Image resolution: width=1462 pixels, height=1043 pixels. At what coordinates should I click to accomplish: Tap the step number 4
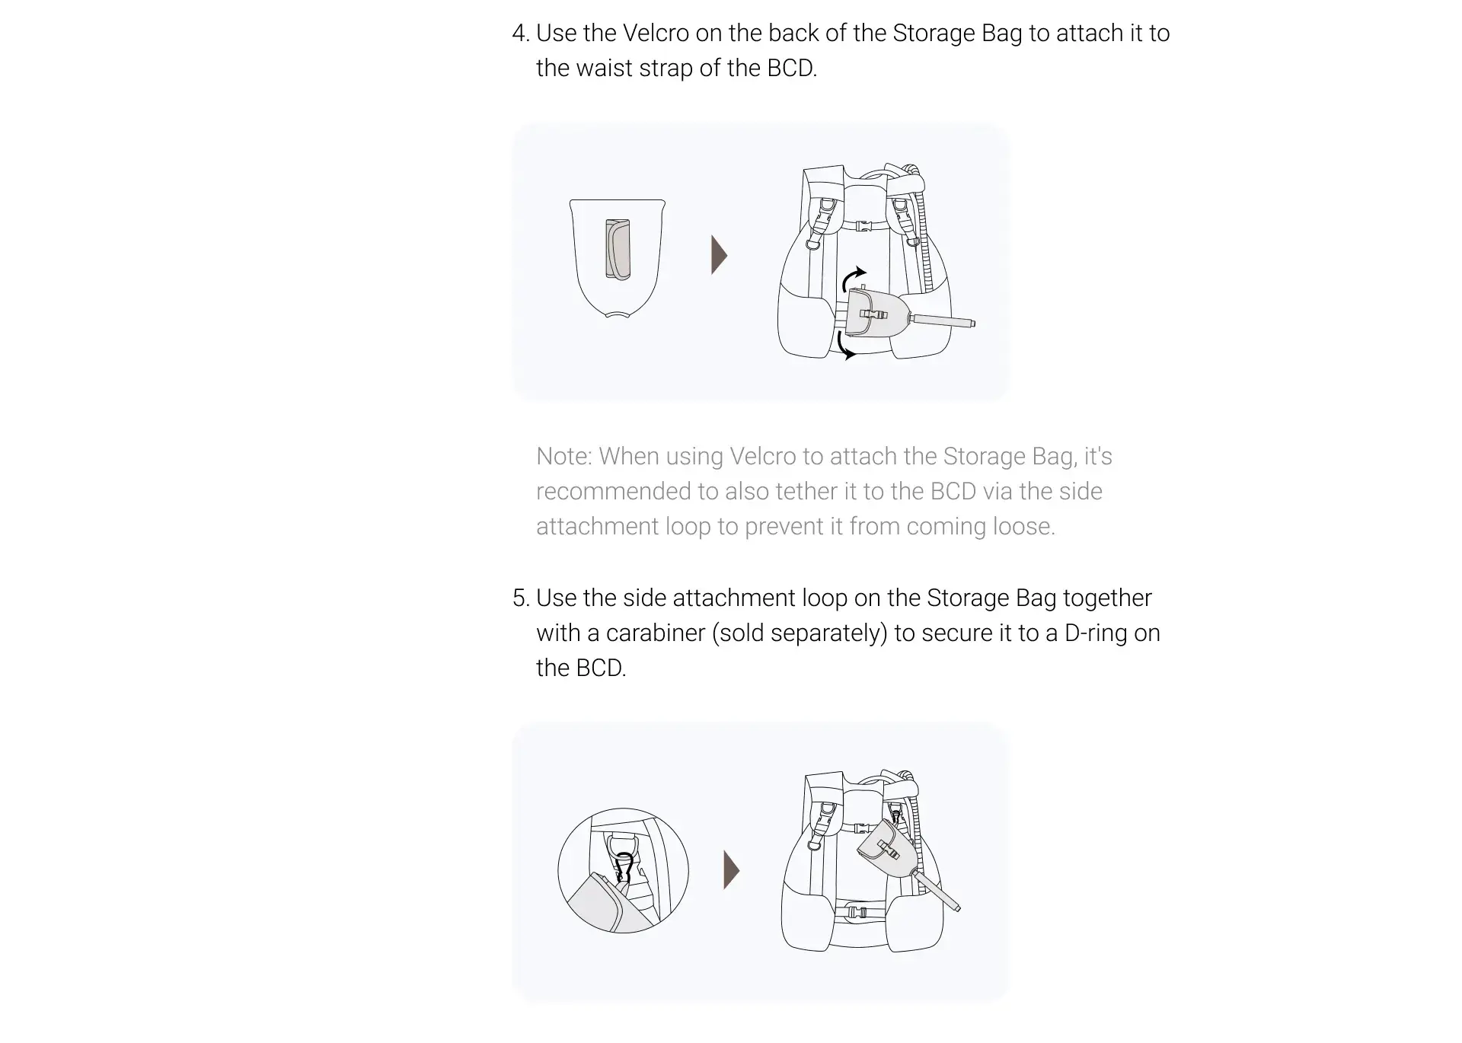[520, 33]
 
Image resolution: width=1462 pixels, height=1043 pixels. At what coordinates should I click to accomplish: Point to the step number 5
[520, 598]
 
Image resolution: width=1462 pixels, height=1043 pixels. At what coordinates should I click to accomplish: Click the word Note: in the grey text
[564, 456]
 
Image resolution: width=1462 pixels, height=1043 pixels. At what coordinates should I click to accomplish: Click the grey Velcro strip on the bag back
[618, 250]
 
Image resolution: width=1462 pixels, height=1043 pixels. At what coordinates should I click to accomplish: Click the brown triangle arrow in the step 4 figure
[719, 255]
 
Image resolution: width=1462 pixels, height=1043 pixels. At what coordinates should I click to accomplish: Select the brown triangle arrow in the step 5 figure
[731, 870]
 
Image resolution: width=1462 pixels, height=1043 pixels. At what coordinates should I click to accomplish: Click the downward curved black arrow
[844, 345]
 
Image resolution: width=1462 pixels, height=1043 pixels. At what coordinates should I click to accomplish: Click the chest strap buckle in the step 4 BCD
[863, 226]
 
